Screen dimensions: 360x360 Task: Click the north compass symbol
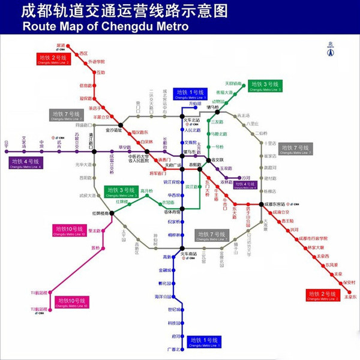tap(329, 50)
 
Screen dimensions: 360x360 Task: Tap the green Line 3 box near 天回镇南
tap(264, 86)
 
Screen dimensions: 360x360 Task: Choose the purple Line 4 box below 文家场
tap(25, 162)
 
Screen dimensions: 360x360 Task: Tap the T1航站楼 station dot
tap(52, 293)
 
